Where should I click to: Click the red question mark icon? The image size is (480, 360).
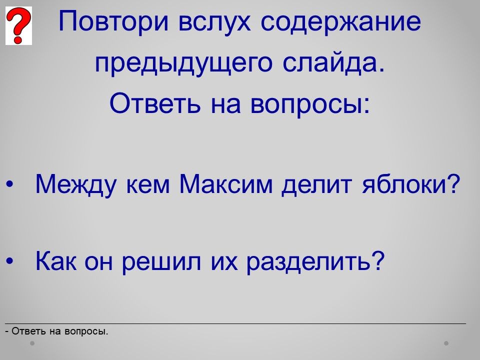pos(18,26)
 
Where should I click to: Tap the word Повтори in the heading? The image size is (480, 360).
pos(113,21)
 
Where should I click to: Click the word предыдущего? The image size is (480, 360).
pos(183,63)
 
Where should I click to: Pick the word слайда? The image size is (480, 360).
pos(333,62)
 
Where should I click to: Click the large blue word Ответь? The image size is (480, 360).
pos(155,102)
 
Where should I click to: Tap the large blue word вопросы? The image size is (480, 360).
pos(310,104)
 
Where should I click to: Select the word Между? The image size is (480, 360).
pos(76,184)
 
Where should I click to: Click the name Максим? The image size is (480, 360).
pos(226,183)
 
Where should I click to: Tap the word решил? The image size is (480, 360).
pos(161,262)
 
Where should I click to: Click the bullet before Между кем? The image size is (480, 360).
pos(10,184)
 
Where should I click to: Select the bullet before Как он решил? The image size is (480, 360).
pos(10,261)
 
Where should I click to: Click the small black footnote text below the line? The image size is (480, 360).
pos(57,331)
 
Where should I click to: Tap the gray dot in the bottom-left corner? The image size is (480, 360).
pos(32,343)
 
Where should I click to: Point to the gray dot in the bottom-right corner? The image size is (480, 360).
pos(446,343)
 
